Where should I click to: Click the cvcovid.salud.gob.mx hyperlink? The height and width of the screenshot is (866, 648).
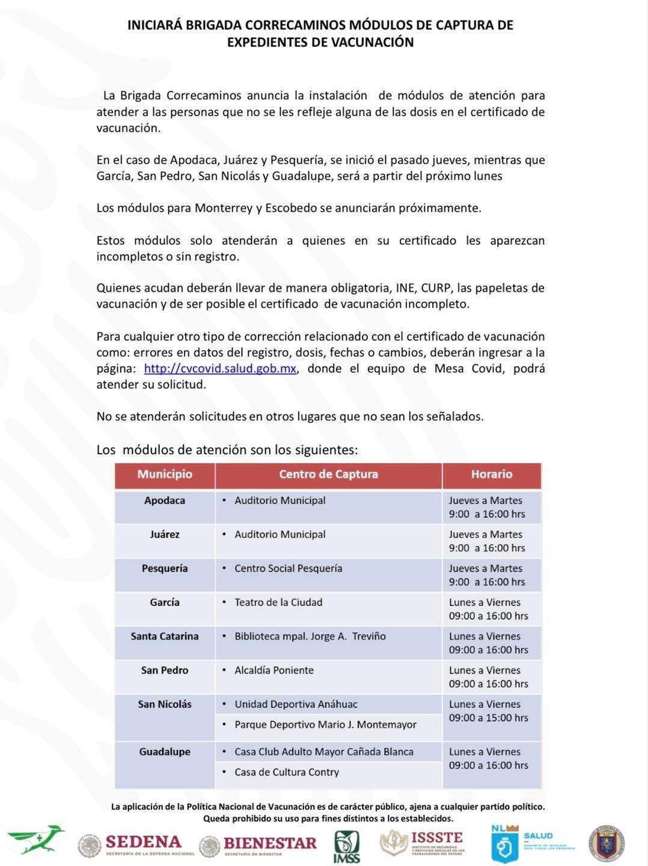click(220, 369)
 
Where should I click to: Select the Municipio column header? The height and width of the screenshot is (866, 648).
click(165, 474)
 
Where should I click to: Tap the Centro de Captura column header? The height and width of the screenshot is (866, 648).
click(328, 474)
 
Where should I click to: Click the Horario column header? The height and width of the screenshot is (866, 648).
click(491, 474)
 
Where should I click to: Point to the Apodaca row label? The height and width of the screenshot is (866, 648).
click(165, 500)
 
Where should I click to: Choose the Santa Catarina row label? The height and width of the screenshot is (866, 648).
click(165, 636)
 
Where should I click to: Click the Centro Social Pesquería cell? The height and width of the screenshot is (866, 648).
click(288, 568)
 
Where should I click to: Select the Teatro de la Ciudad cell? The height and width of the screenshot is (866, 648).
click(278, 603)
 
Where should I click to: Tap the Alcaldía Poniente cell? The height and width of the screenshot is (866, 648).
click(274, 671)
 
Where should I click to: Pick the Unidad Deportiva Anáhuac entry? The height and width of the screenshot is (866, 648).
click(296, 704)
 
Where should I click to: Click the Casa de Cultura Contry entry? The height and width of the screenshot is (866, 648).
click(287, 772)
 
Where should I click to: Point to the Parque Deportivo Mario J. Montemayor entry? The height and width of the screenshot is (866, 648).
click(325, 725)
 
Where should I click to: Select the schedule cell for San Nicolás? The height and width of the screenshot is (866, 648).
click(488, 711)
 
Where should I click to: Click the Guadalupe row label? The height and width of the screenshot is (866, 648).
click(165, 752)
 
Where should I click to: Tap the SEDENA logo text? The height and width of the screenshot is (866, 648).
click(143, 842)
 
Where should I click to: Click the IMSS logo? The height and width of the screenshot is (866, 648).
click(347, 847)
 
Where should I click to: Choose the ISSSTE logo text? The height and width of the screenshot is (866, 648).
click(436, 838)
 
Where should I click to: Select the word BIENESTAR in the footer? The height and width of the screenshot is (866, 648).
click(270, 843)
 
